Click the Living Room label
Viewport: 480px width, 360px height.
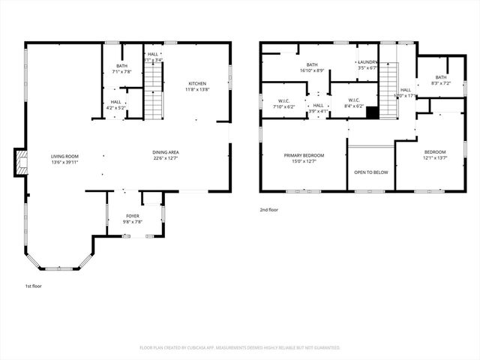65,156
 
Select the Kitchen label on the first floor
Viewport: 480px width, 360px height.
197,83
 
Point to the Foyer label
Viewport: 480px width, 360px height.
133,216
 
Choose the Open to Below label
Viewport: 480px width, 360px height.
371,172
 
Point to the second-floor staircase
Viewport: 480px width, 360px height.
388,82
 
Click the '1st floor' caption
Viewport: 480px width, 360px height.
34,286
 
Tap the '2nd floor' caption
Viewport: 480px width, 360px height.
269,210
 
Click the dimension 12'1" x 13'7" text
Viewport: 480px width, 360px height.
434,158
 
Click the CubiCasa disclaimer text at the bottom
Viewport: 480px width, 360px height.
240,347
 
